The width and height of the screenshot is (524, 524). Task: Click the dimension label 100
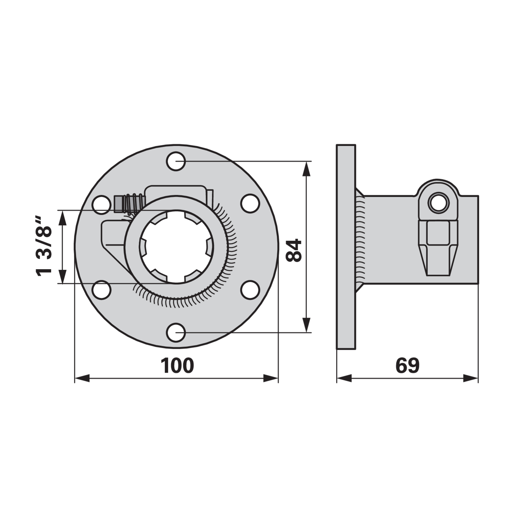tap(177, 366)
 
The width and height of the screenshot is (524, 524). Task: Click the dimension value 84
tap(293, 250)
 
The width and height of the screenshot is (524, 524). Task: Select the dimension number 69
tap(407, 366)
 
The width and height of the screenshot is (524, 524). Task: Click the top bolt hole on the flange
tap(176, 161)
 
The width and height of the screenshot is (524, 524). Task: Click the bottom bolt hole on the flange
tap(176, 332)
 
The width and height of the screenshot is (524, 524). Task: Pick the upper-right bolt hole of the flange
tap(250, 203)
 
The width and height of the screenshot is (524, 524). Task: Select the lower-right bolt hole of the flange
tap(250, 290)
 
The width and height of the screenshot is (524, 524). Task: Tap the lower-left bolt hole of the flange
tap(102, 290)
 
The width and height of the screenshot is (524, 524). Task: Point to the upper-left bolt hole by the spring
tap(102, 205)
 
